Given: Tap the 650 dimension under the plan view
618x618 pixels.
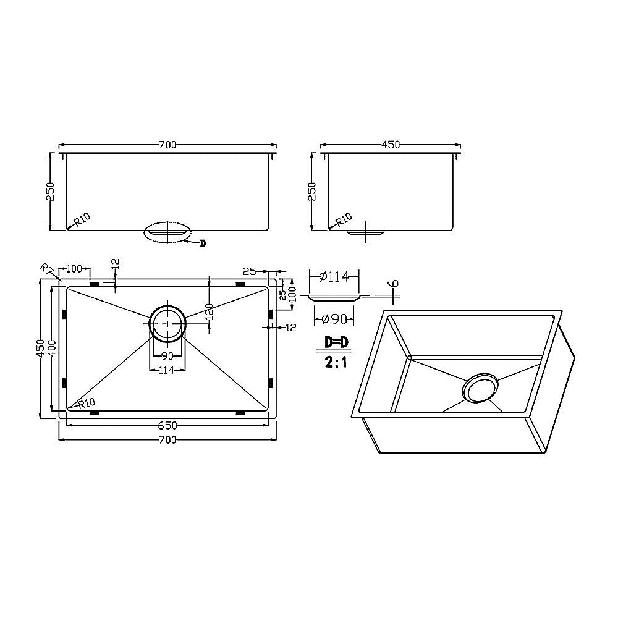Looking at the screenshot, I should tap(167, 425).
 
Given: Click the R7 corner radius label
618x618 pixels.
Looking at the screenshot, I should tap(46, 269).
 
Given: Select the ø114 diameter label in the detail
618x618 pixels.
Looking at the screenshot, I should tap(334, 277).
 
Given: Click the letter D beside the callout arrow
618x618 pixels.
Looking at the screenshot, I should tap(202, 243).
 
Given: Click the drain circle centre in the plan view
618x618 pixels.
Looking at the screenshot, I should tap(167, 323).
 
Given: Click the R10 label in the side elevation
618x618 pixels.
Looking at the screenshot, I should tap(344, 219).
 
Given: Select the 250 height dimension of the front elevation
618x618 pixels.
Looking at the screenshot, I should tap(51, 191).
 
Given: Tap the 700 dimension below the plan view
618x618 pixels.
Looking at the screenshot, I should tap(167, 439).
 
